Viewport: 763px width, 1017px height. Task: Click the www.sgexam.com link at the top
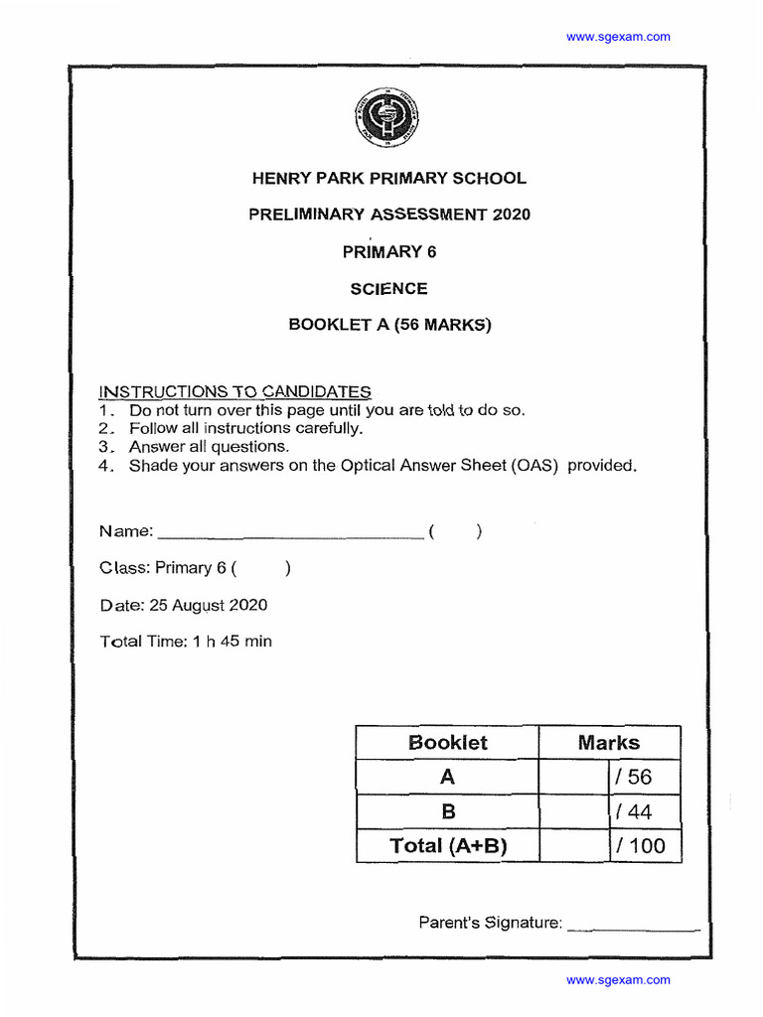pos(618,37)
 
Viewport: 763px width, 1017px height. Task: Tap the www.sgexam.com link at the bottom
pos(618,980)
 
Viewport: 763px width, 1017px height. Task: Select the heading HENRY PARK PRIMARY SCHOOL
pos(388,179)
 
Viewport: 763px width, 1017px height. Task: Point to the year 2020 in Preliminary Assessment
pos(512,215)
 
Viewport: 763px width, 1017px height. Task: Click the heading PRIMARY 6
pos(388,251)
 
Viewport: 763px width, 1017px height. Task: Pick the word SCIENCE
pos(388,289)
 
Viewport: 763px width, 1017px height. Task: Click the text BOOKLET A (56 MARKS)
pos(388,325)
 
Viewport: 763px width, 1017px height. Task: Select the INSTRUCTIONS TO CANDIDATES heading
pos(235,392)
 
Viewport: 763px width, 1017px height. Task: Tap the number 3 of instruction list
pos(103,447)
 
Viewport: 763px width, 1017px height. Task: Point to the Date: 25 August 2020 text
pos(183,605)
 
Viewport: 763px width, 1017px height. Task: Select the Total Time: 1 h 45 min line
pos(186,642)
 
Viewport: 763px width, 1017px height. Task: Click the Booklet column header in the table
pos(447,743)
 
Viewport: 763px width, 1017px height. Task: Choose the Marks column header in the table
pos(609,743)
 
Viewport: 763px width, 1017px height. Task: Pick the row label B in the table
pos(447,811)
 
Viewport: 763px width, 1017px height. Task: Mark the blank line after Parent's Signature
pos(633,927)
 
